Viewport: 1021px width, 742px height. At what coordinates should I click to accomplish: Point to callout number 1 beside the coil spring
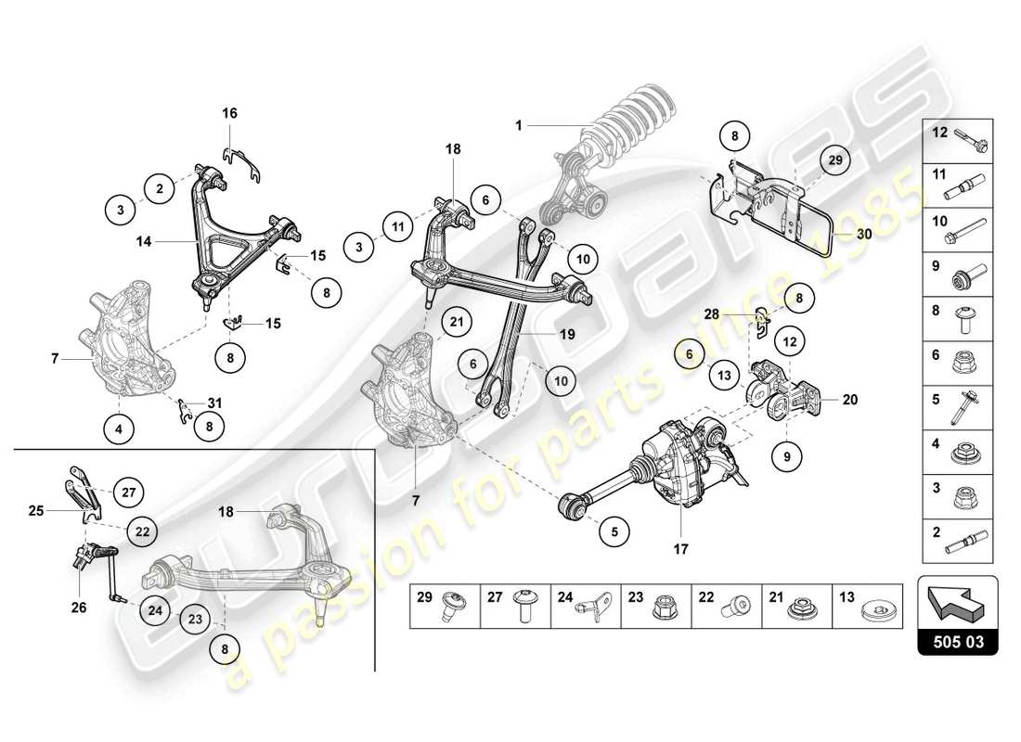[521, 123]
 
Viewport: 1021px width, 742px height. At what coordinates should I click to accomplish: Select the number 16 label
[229, 113]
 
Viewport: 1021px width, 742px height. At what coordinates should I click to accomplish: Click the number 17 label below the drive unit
[680, 549]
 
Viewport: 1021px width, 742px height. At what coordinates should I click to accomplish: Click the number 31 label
[215, 403]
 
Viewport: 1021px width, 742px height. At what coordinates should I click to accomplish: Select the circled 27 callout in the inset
[129, 493]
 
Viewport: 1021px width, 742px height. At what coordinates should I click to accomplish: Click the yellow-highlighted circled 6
[689, 352]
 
